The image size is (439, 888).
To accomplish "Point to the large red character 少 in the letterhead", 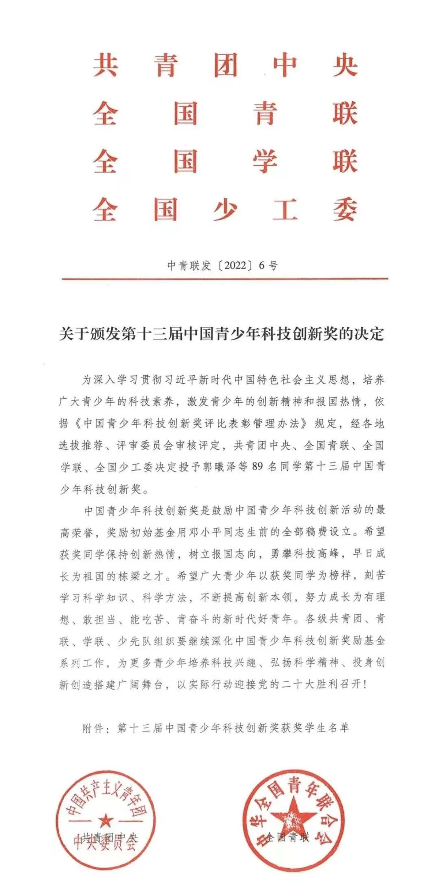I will [x=225, y=209].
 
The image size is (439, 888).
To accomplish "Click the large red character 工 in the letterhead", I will [x=285, y=209].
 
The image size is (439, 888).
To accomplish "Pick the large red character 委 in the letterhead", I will [x=345, y=209].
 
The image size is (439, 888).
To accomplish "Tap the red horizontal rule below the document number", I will [x=225, y=279].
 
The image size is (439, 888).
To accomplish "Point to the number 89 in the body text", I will [x=258, y=467].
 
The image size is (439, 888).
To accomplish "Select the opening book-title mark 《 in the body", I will [x=76, y=424].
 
